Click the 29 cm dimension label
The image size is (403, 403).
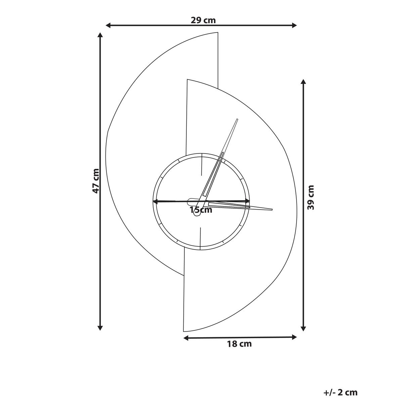click(203, 20)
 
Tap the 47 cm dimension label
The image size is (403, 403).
click(96, 181)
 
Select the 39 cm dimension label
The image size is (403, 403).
click(311, 197)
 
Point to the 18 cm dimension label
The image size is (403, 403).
click(239, 344)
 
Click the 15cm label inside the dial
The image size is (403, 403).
click(201, 210)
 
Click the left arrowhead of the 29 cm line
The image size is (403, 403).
click(108, 26)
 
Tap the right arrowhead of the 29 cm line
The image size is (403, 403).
click(294, 26)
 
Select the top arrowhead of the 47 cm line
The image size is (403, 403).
click(100, 35)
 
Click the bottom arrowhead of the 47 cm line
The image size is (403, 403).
click(100, 328)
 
